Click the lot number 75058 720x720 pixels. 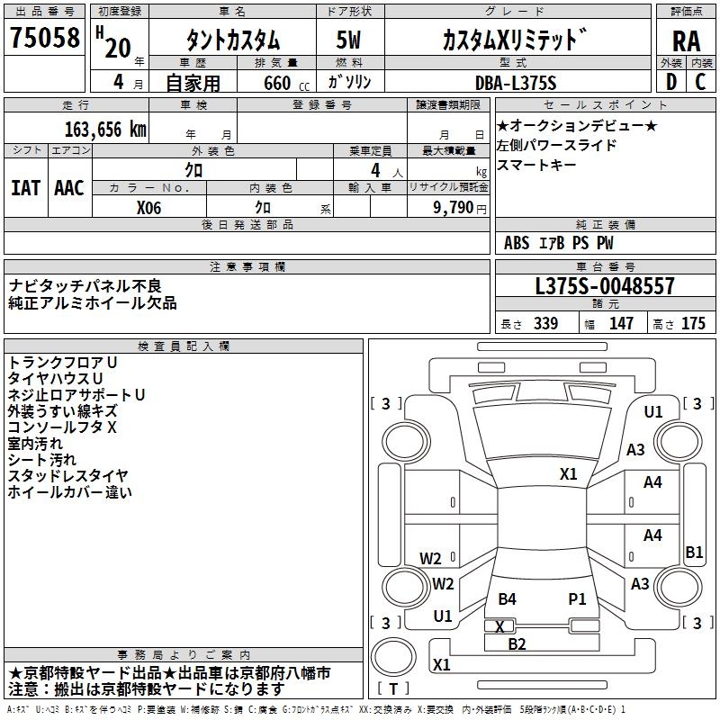click(44, 38)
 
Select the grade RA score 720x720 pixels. click(686, 40)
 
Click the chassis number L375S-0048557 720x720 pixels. click(604, 287)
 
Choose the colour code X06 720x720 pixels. click(149, 207)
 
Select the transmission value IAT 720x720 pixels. click(25, 187)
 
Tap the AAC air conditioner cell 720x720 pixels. click(68, 187)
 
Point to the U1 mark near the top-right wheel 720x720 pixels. click(653, 412)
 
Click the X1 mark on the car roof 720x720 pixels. click(568, 474)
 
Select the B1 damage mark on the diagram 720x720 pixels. click(694, 553)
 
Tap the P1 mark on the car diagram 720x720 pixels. click(577, 598)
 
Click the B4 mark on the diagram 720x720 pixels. click(508, 598)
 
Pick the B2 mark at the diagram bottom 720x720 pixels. click(517, 643)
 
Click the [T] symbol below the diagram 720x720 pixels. click(393, 688)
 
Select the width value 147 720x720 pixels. click(621, 324)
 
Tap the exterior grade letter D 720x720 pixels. click(670, 83)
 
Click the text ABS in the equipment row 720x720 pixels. click(517, 243)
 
